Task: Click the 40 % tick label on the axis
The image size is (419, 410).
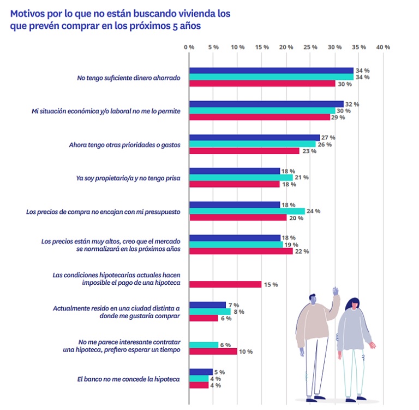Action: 383,47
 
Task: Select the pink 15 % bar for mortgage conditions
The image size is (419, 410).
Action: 225,284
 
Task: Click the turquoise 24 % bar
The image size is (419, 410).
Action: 247,211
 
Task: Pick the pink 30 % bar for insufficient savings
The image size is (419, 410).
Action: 262,84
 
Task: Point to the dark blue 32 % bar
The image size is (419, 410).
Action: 266,104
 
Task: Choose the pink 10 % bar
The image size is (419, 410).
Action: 213,351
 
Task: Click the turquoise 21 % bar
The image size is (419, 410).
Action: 240,178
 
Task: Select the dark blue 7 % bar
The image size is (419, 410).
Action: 207,304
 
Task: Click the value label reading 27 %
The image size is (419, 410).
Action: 328,137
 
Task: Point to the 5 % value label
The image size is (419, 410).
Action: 220,372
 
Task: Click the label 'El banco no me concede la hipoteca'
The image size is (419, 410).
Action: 129,378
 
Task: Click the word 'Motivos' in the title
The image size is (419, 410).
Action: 28,14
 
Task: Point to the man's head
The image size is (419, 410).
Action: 312,300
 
